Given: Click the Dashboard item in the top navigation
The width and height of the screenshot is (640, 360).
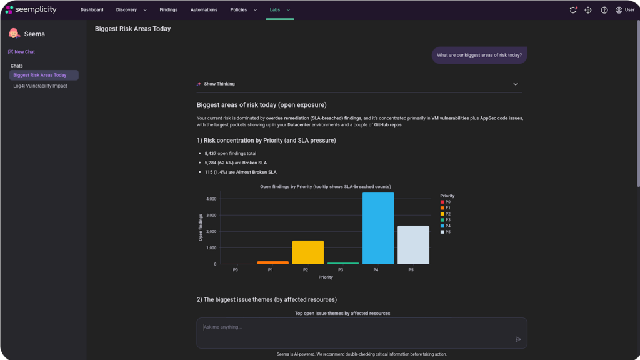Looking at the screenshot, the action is [92, 10].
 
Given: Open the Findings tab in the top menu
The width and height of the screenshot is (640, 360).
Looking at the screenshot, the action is [169, 10].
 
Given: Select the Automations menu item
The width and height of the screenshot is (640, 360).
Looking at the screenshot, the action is [204, 10].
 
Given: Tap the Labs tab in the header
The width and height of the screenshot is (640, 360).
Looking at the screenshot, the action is [275, 10].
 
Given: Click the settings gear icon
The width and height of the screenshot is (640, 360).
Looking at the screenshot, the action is [587, 10].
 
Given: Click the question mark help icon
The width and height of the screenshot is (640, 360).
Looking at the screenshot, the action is [604, 10].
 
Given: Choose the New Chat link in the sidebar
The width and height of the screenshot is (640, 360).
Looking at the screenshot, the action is [21, 52].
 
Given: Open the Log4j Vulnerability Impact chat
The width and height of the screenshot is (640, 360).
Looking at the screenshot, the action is [40, 86].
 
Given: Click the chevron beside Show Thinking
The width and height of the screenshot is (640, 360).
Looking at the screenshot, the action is [516, 84].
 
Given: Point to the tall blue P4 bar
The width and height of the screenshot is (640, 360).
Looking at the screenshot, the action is [378, 228].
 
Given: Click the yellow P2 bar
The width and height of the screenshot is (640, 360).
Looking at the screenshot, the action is [307, 252].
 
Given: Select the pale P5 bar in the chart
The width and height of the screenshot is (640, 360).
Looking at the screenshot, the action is [413, 245].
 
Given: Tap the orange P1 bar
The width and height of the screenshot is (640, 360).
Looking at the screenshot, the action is [272, 262].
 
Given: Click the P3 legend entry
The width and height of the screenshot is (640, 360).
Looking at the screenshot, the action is [445, 220].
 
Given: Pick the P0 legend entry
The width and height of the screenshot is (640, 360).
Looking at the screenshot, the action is [445, 202].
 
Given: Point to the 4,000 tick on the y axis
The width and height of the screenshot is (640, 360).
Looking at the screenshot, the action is [211, 199].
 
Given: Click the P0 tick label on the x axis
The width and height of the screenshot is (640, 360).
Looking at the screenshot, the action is [236, 270].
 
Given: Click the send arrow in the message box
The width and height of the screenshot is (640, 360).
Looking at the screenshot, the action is [518, 339].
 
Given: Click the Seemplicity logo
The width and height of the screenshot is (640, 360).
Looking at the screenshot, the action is [31, 9].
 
